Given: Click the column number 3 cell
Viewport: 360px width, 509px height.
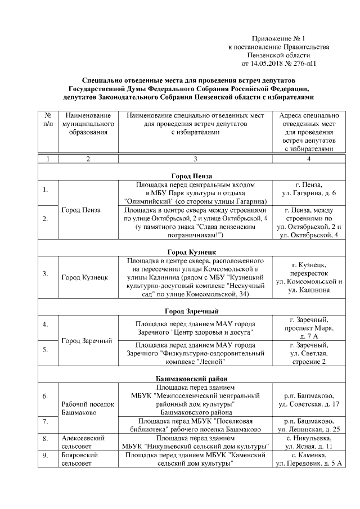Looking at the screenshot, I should [195, 159].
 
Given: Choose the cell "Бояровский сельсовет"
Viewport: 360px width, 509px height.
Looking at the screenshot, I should [80, 459].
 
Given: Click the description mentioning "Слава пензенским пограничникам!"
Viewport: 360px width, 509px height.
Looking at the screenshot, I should [195, 222].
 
